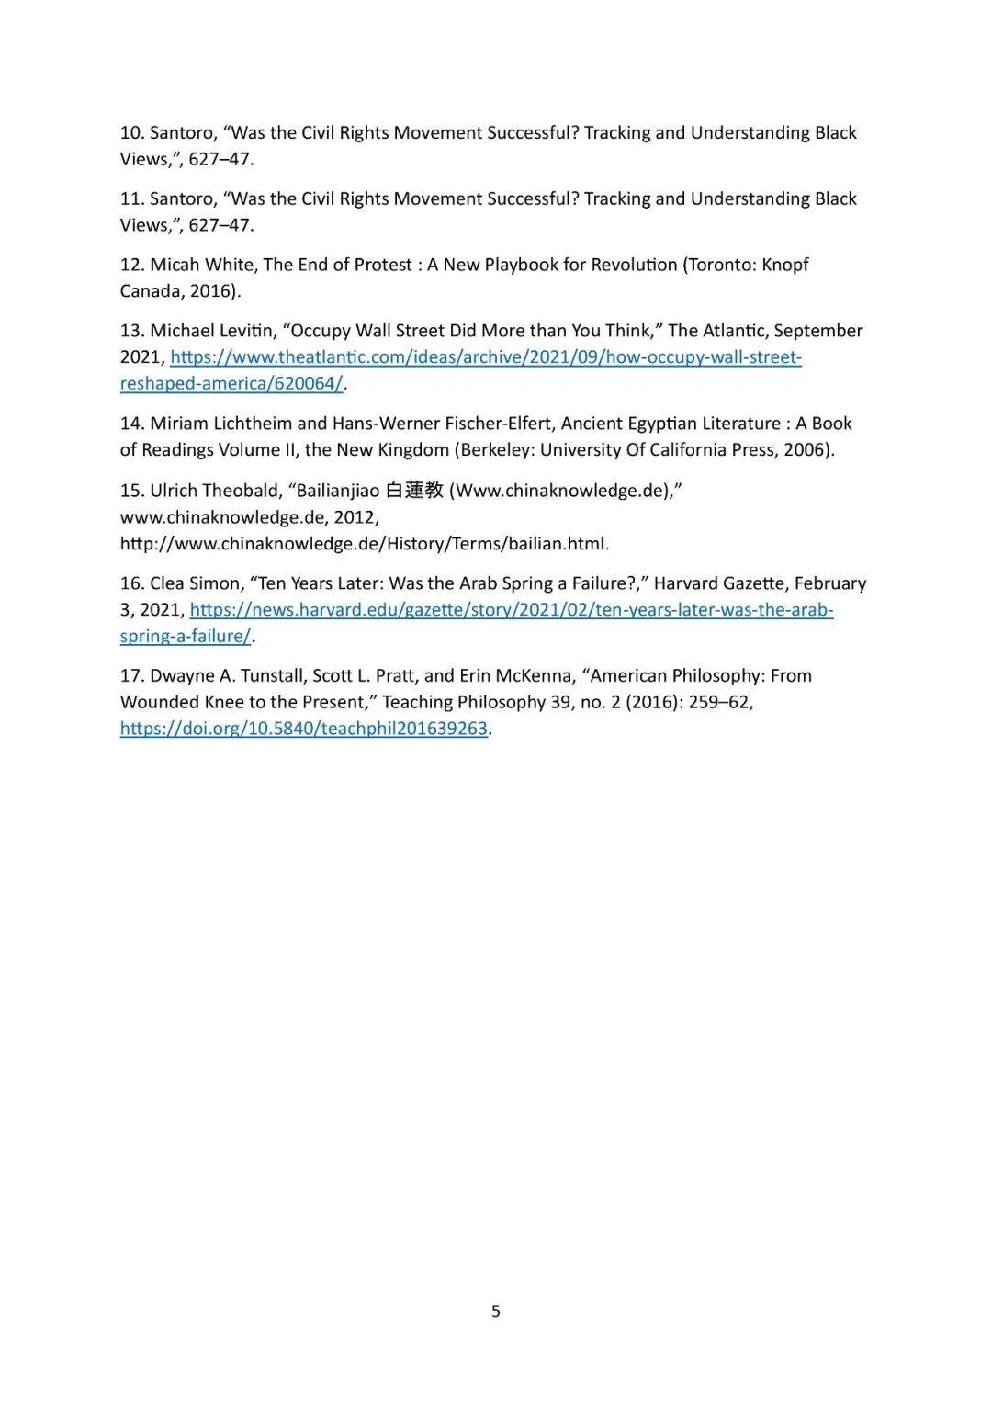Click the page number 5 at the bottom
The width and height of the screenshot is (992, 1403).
pyautogui.click(x=496, y=1311)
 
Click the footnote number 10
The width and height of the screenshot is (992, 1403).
pyautogui.click(x=131, y=133)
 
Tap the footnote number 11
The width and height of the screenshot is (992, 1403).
pyautogui.click(x=131, y=199)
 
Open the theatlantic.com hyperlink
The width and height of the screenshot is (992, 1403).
pyautogui.click(x=485, y=357)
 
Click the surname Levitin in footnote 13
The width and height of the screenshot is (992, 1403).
pyautogui.click(x=244, y=331)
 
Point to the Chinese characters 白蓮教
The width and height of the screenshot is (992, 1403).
pyautogui.click(x=414, y=491)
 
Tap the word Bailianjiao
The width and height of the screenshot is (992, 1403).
pyautogui.click(x=337, y=491)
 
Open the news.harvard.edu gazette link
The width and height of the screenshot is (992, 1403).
pyautogui.click(x=511, y=610)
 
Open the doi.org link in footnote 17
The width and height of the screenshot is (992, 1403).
pyautogui.click(x=303, y=730)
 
